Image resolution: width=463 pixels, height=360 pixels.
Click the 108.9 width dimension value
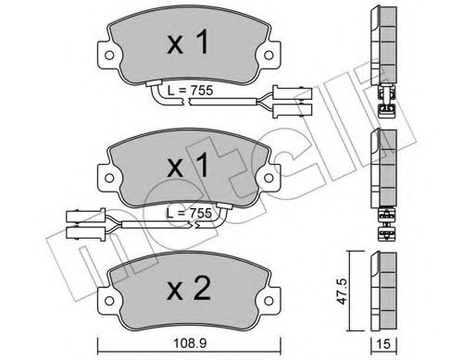click(x=189, y=343)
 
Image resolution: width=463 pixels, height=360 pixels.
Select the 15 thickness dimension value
click(x=383, y=344)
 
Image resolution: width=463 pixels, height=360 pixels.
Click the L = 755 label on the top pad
click(x=190, y=91)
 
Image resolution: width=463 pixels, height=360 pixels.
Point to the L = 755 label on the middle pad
click(x=189, y=213)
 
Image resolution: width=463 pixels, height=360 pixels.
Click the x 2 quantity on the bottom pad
click(x=189, y=290)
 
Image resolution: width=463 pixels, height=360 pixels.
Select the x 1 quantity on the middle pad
click(x=187, y=166)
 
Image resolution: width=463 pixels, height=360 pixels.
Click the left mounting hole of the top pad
click(x=109, y=56)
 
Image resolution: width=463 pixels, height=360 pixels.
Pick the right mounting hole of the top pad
click(x=269, y=56)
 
